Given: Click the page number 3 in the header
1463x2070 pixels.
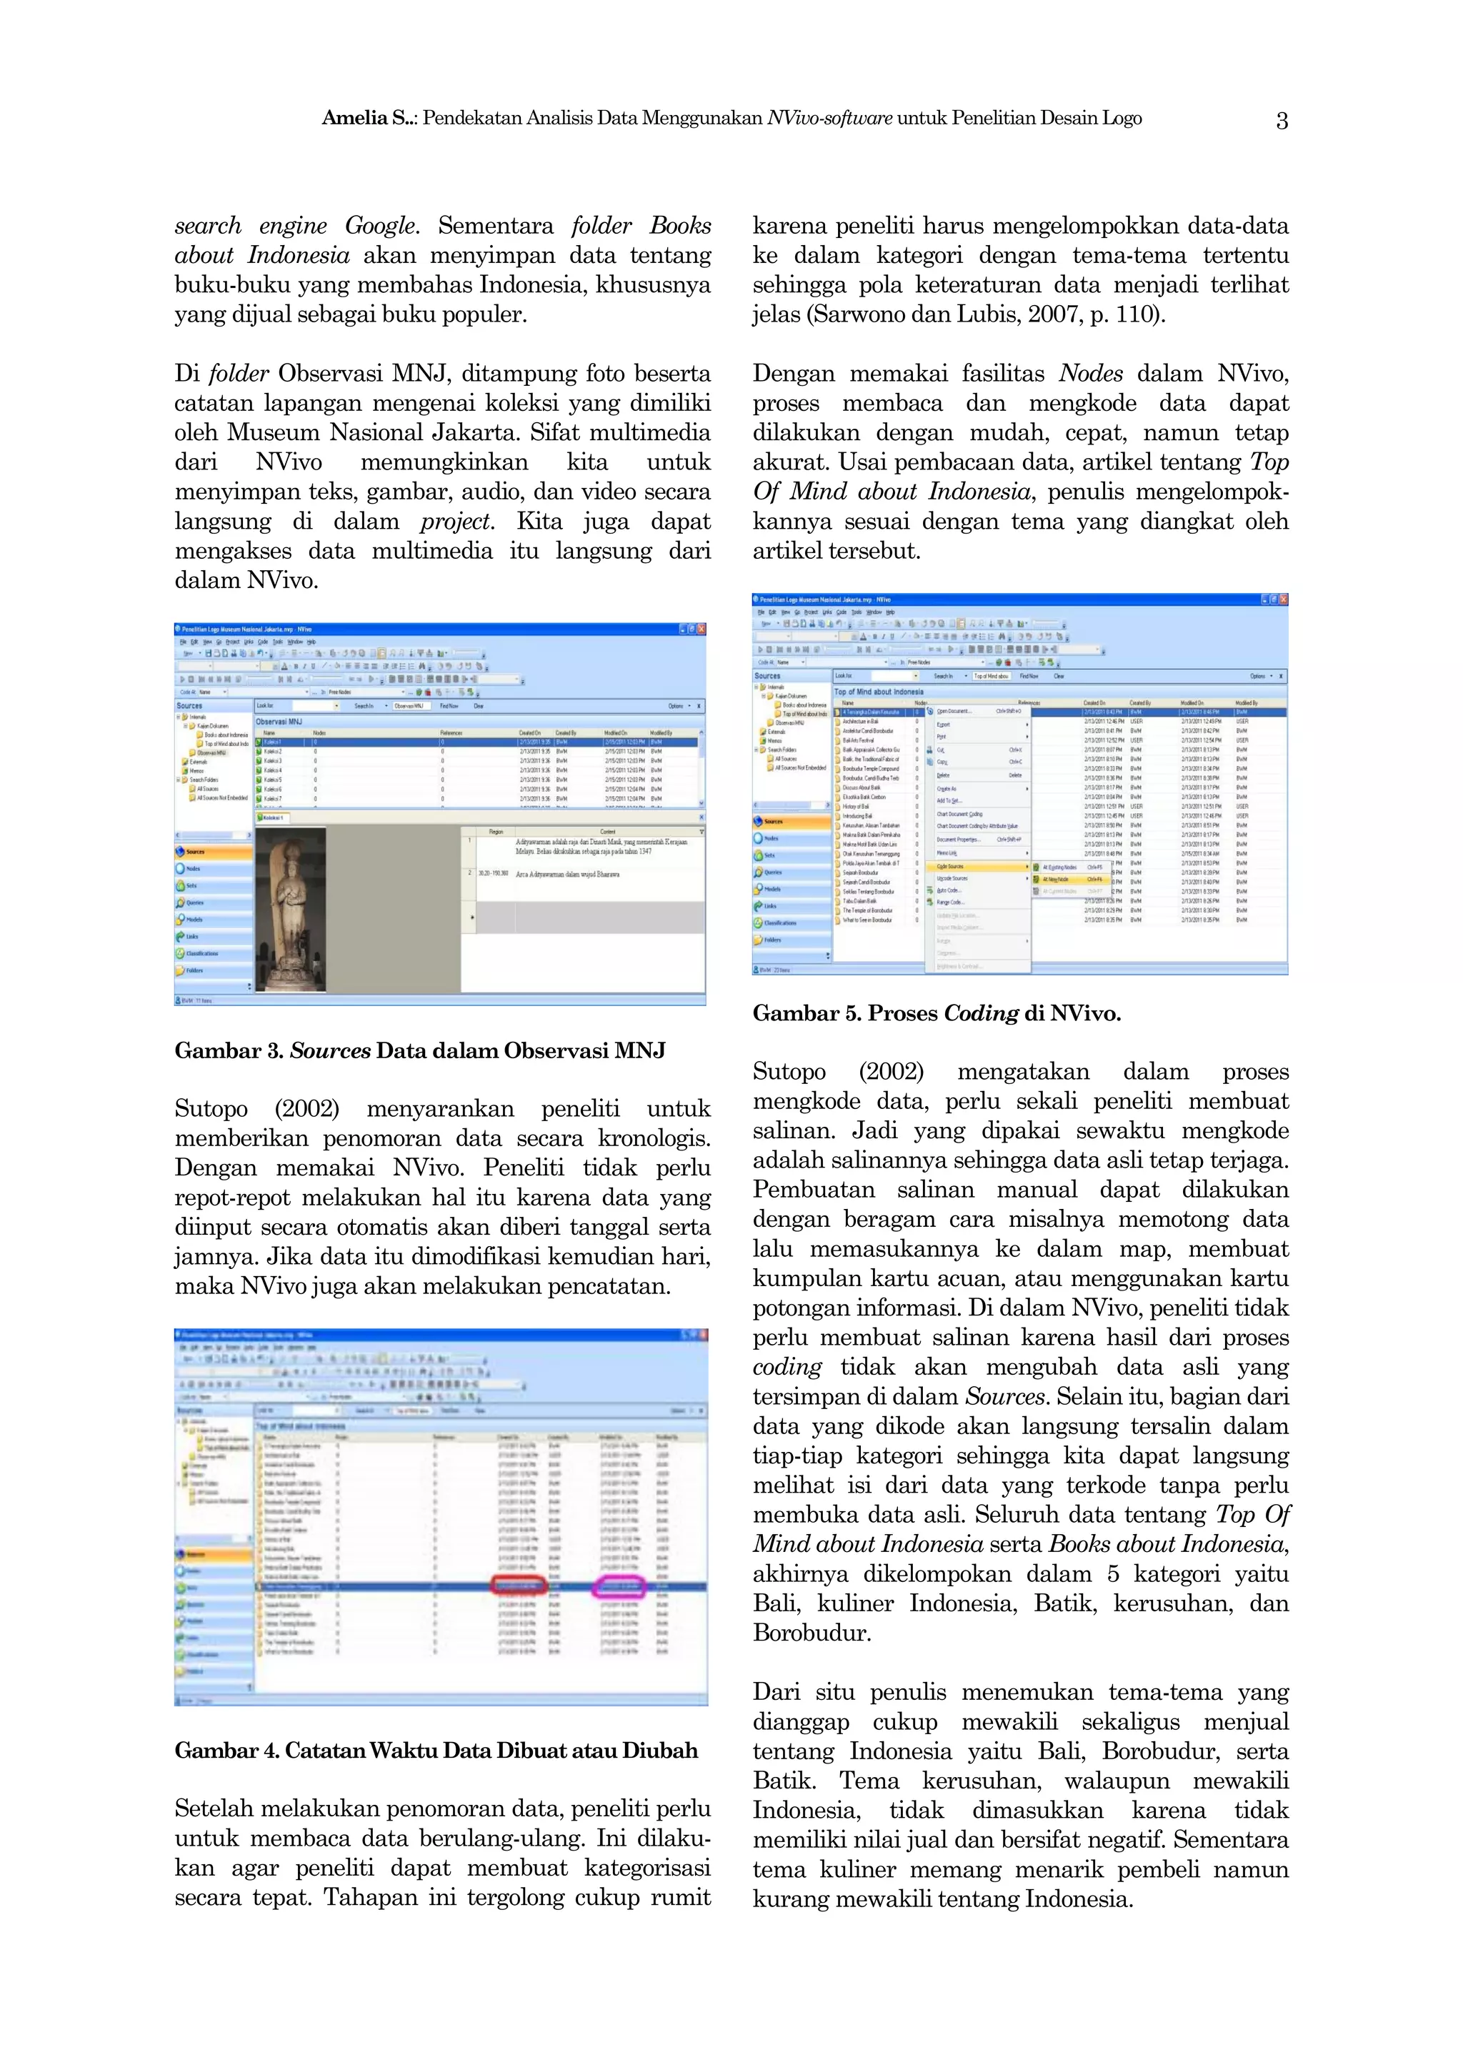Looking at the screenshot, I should click(x=1281, y=119).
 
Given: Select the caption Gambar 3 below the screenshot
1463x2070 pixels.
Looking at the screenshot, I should click(x=420, y=1050).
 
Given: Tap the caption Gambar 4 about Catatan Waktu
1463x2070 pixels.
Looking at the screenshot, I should click(x=436, y=1750).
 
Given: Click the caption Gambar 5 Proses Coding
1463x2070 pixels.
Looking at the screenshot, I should click(x=937, y=1013).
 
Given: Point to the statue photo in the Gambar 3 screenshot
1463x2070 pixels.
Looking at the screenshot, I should click(x=291, y=908).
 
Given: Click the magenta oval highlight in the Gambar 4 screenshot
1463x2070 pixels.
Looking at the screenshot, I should click(x=619, y=1587).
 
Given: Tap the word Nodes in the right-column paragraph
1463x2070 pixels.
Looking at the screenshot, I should click(x=1091, y=373).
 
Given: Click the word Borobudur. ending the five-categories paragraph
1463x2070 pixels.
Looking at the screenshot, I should click(x=812, y=1633).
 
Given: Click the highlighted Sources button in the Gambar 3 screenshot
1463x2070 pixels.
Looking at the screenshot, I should click(x=213, y=851).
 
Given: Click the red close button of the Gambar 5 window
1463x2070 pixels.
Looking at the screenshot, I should click(x=1283, y=599).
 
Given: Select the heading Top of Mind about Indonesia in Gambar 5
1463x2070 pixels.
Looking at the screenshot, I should click(x=879, y=692).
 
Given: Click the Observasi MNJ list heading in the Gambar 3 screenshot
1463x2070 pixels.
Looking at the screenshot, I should click(x=279, y=721).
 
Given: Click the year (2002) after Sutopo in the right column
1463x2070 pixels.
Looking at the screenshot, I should click(x=891, y=1071).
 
